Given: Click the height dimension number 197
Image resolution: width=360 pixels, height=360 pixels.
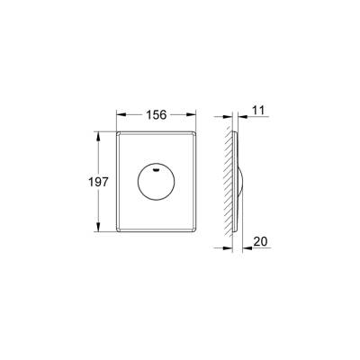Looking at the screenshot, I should (101, 182).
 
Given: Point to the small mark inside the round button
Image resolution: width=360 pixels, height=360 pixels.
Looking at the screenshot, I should (159, 168).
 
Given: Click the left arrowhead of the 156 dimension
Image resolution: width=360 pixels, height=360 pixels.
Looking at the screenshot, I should (121, 114).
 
